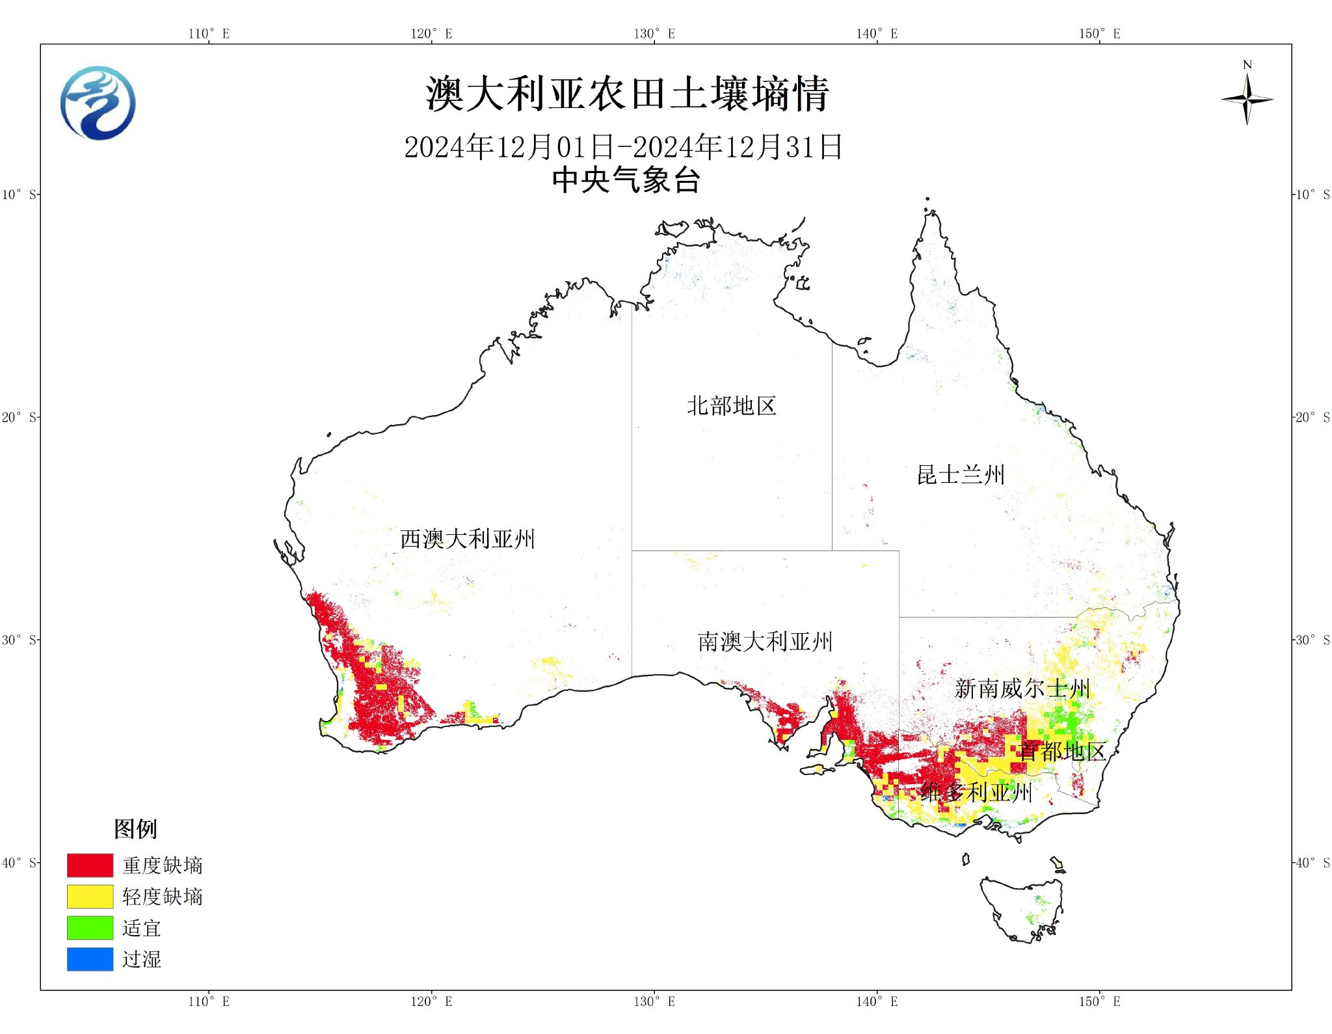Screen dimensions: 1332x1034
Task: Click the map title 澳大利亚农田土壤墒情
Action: point(627,94)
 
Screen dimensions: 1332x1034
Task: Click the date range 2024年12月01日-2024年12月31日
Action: point(623,147)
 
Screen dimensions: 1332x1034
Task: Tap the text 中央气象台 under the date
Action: point(626,180)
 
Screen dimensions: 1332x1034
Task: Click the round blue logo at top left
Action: point(98,103)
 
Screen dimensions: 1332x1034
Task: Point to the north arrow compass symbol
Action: point(1246,99)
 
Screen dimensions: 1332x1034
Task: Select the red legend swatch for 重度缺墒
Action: point(90,865)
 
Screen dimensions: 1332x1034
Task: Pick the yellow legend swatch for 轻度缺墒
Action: point(90,897)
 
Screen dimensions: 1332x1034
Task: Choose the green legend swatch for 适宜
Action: point(90,928)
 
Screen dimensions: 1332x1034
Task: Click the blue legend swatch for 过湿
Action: point(90,959)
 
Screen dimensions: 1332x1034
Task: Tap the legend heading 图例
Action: point(135,829)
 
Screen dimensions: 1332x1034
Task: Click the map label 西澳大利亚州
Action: point(467,539)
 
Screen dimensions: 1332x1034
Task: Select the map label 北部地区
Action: point(732,406)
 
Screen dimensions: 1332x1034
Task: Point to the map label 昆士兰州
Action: point(961,475)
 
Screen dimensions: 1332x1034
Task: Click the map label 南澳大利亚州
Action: point(765,642)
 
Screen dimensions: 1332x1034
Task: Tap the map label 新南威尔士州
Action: point(1022,688)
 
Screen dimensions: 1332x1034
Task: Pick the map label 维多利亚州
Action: point(976,793)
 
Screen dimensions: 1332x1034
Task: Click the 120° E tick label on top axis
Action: point(431,34)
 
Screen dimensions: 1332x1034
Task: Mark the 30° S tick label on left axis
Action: point(20,640)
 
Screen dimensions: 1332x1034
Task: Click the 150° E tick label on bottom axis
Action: point(1099,1001)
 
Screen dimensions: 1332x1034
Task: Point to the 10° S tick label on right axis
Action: point(1312,195)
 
